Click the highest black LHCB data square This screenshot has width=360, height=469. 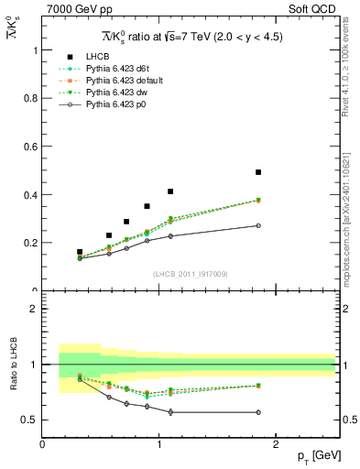(258, 172)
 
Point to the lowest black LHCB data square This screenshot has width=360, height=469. (80, 252)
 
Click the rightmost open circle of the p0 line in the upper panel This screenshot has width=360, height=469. (258, 225)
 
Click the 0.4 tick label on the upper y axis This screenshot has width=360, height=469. (31, 195)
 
